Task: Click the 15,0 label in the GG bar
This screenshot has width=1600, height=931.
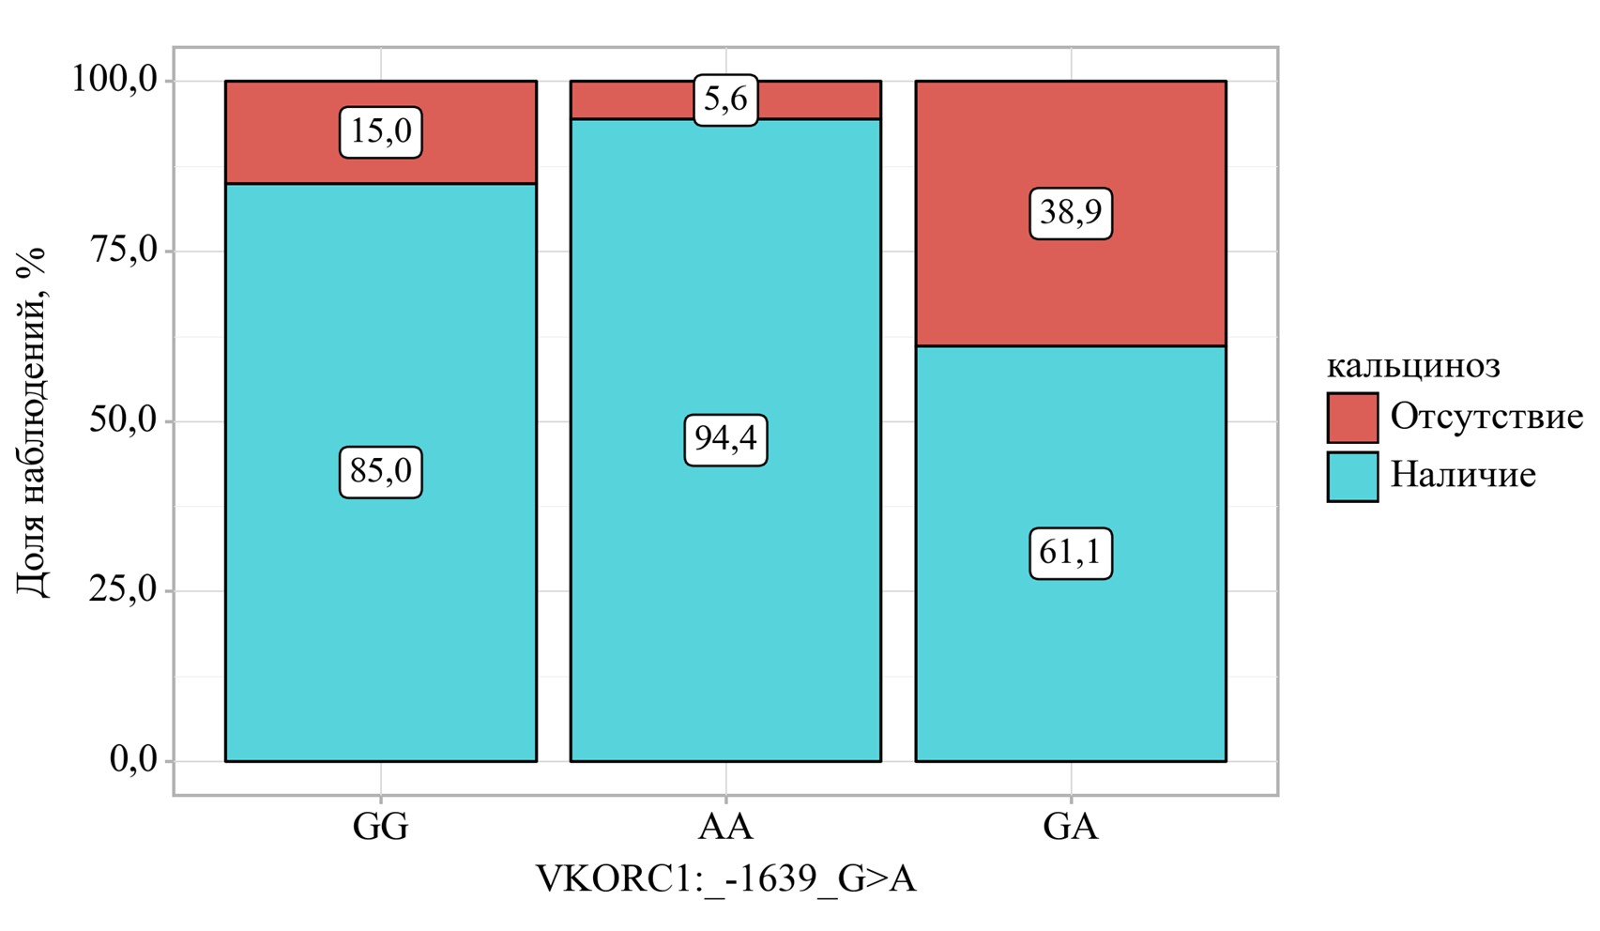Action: [x=380, y=131]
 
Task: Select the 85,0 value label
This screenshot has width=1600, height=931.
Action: [x=380, y=471]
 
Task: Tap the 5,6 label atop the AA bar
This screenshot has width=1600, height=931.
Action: [x=725, y=99]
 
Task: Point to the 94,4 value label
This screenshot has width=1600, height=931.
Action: [x=725, y=439]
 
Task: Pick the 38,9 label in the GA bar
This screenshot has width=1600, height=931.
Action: [x=1071, y=213]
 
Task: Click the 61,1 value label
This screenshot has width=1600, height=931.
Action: [x=1071, y=553]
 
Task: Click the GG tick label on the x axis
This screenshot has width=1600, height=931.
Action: [x=380, y=827]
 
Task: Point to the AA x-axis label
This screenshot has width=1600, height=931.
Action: [x=725, y=827]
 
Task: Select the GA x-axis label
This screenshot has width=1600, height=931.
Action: [x=1071, y=827]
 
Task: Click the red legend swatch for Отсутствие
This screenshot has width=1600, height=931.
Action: [x=1352, y=418]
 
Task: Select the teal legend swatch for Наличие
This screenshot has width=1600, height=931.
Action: [x=1352, y=476]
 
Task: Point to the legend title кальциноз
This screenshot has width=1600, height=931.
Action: [x=1413, y=366]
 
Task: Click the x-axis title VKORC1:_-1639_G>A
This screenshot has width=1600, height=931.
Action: [x=725, y=880]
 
